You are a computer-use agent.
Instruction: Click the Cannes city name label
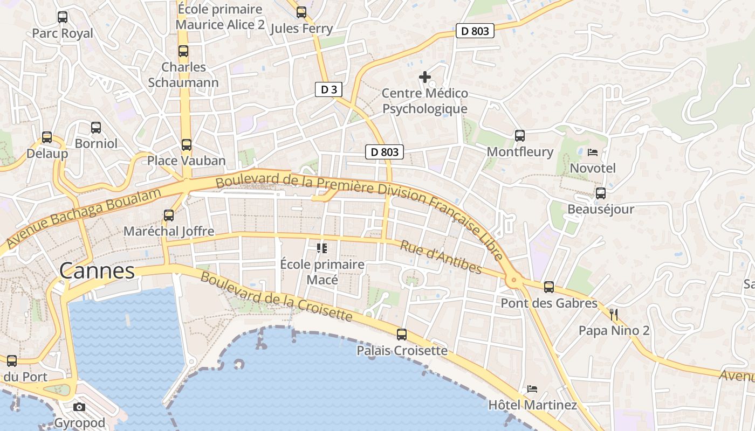pos(97,271)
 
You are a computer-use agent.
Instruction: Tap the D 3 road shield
pos(328,89)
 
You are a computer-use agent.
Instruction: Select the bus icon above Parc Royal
pos(63,17)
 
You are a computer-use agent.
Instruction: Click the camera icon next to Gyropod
pos(79,407)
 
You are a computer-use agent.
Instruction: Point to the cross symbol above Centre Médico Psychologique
pos(425,77)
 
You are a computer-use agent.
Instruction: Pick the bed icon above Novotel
pos(593,152)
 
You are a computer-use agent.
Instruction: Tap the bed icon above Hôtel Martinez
pos(532,388)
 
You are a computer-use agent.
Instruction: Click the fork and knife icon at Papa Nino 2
pos(614,314)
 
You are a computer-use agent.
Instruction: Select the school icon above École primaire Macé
pos(322,248)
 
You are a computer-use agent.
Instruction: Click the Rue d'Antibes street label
pos(441,256)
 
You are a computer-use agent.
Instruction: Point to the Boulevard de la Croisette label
pos(276,297)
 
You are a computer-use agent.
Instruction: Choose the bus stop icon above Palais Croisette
pos(402,335)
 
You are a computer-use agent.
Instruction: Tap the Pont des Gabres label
pos(549,303)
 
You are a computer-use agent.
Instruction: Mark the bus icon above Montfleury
pos(520,136)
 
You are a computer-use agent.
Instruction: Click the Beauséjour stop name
pos(601,209)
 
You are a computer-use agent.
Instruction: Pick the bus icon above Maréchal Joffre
pos(169,215)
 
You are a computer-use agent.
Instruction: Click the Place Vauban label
pos(187,161)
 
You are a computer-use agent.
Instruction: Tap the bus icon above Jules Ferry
pos(301,12)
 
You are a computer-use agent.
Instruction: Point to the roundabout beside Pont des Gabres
pos(513,280)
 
